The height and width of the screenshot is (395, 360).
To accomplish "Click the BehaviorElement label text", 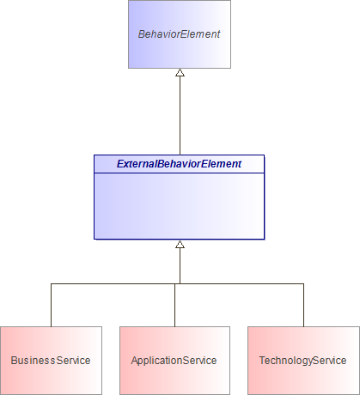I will click(179, 35).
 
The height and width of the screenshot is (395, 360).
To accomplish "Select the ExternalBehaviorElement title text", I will click(179, 163).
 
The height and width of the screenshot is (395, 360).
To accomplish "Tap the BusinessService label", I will click(51, 361).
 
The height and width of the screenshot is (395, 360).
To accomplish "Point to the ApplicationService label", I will click(174, 361).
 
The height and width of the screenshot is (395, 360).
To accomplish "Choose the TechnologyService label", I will click(303, 361).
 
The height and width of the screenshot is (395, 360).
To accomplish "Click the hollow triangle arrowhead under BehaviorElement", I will click(180, 74).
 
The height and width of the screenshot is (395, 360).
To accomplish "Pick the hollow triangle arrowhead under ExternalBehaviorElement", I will click(180, 245).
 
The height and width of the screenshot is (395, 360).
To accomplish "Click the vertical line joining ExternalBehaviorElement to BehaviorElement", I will click(180, 116).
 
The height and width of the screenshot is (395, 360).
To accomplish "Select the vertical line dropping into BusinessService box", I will click(51, 305).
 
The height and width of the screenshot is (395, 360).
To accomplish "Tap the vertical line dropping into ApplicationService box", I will click(174, 305).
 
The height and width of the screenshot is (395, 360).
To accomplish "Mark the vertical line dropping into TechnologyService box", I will click(303, 305).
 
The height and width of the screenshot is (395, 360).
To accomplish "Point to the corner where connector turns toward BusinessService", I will click(51, 283).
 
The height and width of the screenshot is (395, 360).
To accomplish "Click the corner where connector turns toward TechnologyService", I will click(303, 283).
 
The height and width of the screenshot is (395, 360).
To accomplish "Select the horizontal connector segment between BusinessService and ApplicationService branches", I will click(112, 283).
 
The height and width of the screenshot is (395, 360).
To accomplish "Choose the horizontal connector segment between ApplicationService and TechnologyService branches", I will click(241, 283).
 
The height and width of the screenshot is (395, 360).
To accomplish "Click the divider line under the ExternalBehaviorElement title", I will click(179, 173).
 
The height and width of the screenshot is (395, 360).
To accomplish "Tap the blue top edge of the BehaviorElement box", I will click(179, 1).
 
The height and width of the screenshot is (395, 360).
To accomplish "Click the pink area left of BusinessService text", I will click(5, 361).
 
